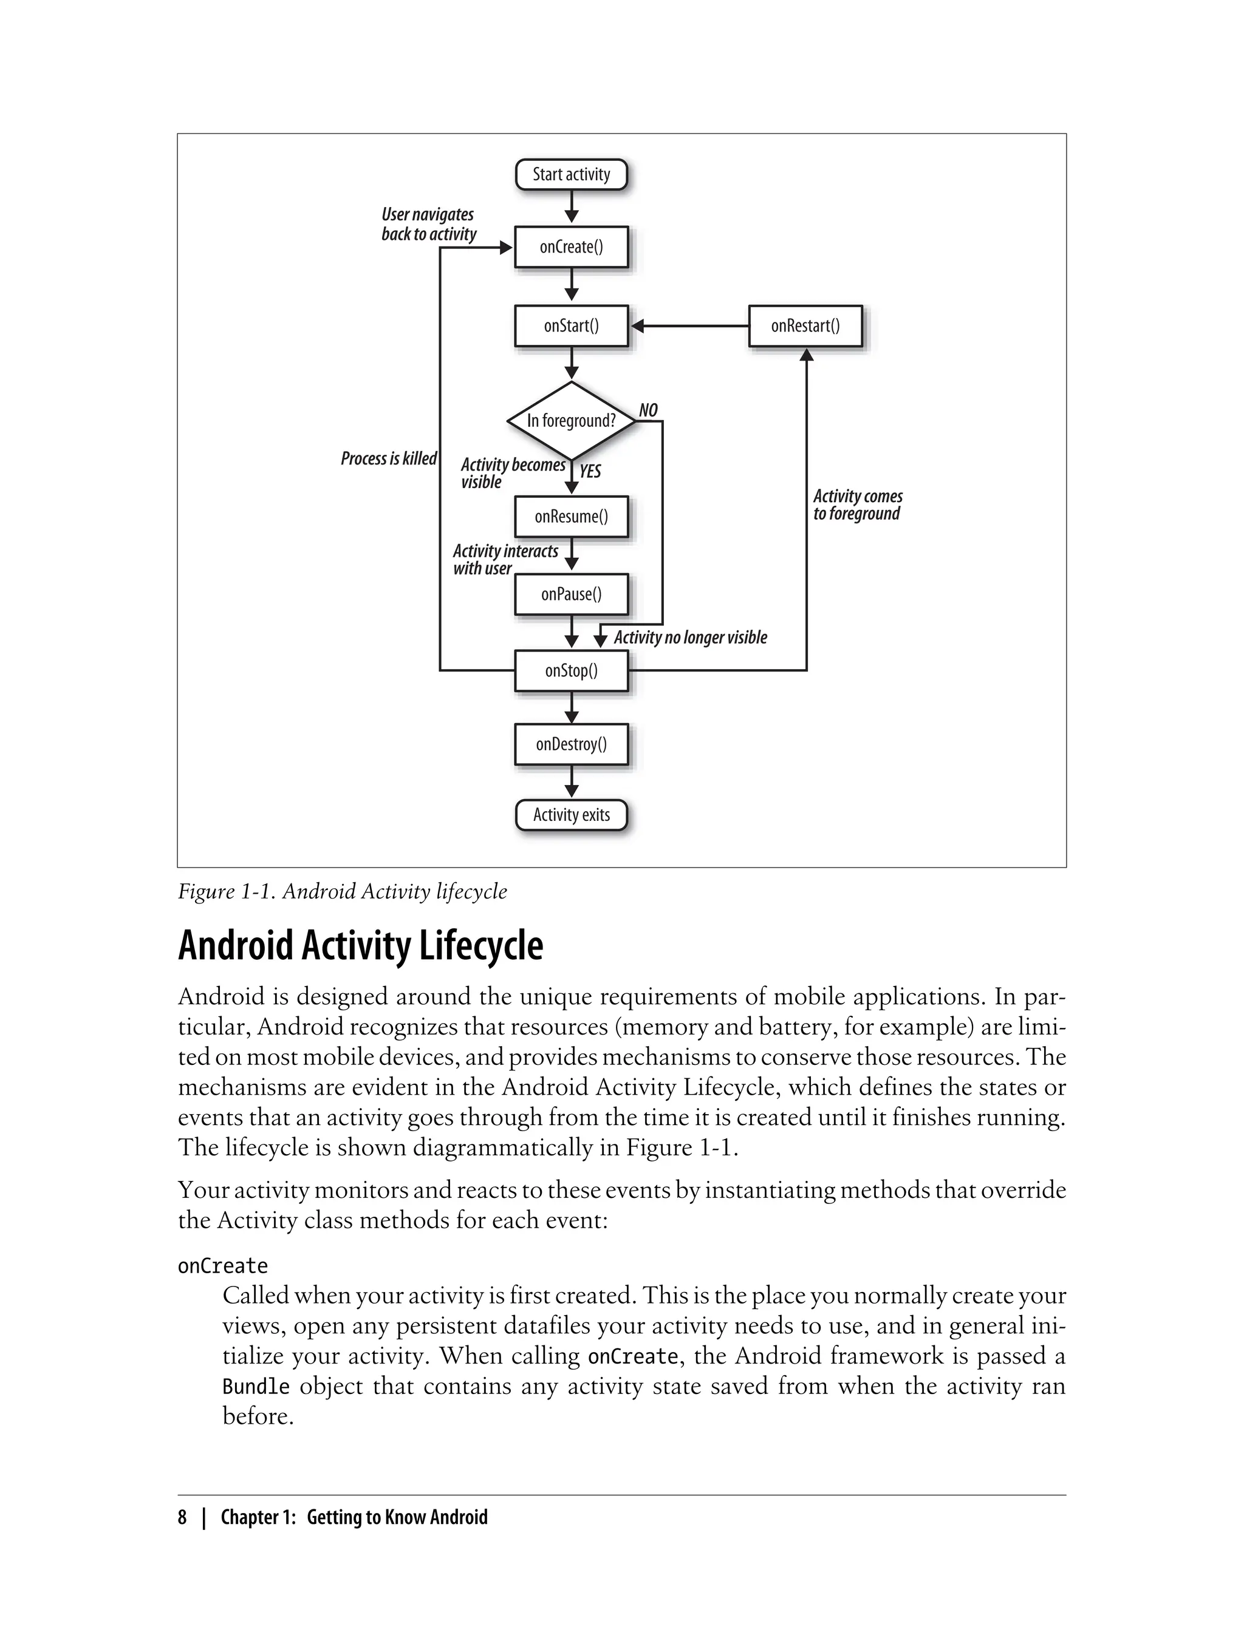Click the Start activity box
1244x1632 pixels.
click(571, 175)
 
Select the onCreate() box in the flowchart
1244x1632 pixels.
click(571, 247)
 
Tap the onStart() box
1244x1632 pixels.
click(571, 325)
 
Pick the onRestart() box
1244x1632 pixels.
click(805, 325)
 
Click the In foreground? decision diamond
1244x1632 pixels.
click(571, 420)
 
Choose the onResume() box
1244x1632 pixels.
click(571, 516)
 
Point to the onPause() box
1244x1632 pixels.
click(571, 594)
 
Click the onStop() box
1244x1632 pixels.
click(571, 670)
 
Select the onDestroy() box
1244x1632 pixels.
click(571, 744)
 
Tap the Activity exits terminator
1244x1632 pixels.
click(571, 815)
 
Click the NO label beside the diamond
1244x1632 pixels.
click(648, 410)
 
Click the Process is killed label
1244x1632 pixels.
click(389, 459)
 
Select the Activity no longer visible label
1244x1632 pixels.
click(690, 637)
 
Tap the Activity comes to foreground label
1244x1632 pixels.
click(856, 505)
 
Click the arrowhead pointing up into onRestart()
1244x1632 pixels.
click(807, 355)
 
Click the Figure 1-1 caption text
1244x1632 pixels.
click(342, 891)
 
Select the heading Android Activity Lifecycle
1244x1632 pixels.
click(361, 945)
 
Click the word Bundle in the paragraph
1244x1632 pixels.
click(256, 1385)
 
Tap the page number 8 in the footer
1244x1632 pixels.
click(182, 1517)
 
